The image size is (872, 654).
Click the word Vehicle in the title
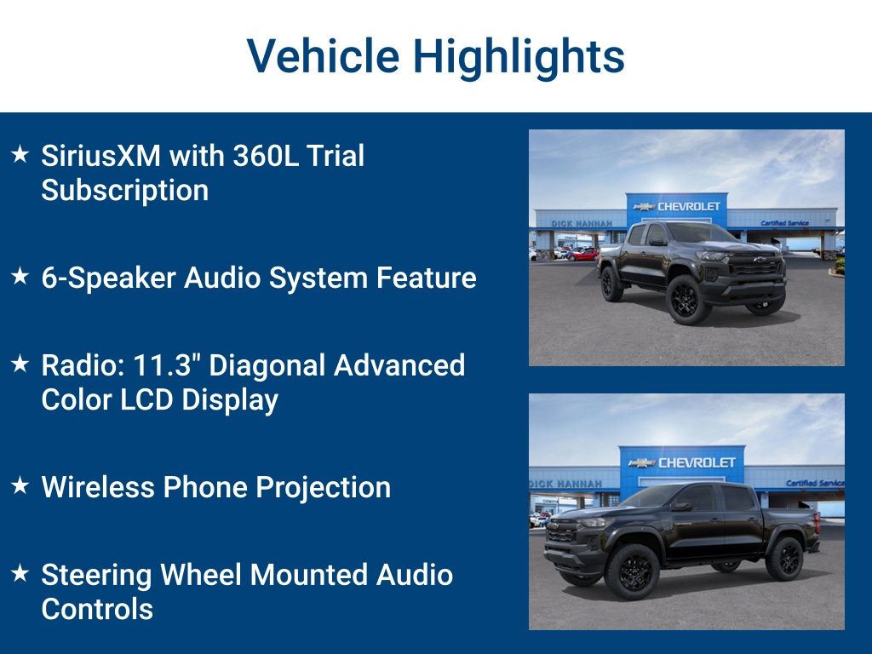click(x=323, y=55)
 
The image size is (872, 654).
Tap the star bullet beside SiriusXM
click(x=20, y=154)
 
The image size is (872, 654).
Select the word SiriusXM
click(x=100, y=155)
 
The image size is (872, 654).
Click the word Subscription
click(x=125, y=191)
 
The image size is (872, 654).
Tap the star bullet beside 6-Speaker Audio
click(x=20, y=275)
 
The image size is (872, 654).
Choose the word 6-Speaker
click(x=108, y=278)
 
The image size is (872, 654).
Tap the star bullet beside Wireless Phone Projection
click(x=20, y=485)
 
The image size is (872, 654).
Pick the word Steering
click(x=96, y=576)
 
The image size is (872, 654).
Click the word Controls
click(x=97, y=609)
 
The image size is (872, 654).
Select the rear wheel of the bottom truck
click(x=784, y=559)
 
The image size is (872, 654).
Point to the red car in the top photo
click(x=582, y=255)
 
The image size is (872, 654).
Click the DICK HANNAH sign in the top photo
click(x=581, y=224)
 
